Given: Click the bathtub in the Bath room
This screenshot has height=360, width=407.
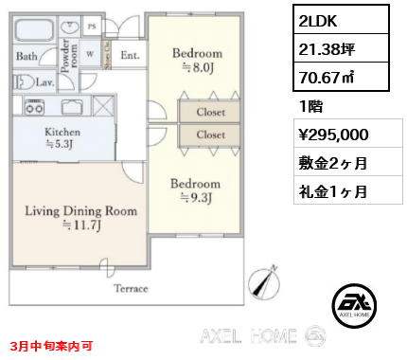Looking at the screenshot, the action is [x=34, y=29].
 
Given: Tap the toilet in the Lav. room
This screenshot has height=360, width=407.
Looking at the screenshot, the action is [x=24, y=82].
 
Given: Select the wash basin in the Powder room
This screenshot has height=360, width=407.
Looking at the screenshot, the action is [x=69, y=27].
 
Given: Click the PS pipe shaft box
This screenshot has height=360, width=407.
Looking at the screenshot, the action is [x=92, y=27].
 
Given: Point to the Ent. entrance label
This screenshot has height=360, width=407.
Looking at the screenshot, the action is [x=130, y=55].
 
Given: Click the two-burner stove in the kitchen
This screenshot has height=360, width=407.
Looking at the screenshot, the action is [x=35, y=106].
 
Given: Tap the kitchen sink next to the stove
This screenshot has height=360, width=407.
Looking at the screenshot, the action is [x=72, y=107].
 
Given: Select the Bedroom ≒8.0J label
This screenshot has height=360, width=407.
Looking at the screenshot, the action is [x=198, y=60].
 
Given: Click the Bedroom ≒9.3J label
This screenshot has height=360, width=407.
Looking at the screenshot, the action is [x=196, y=190].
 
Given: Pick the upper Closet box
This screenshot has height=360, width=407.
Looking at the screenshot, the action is [x=209, y=112].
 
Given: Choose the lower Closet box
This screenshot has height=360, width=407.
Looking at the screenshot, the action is [x=209, y=135].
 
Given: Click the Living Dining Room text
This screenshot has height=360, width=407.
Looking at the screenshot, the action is [x=81, y=210].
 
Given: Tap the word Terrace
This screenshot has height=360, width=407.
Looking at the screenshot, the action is [x=131, y=288].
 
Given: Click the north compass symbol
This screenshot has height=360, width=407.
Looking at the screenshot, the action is [x=264, y=282].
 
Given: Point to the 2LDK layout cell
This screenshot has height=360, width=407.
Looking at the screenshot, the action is [x=341, y=20].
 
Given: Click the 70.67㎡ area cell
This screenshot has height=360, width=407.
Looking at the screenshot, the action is [x=341, y=77].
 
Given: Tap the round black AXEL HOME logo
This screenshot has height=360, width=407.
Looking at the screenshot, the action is [x=354, y=306].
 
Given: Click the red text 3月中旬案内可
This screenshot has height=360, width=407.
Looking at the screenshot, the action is [x=52, y=346].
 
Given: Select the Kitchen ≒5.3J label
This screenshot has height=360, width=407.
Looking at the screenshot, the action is [x=62, y=137].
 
